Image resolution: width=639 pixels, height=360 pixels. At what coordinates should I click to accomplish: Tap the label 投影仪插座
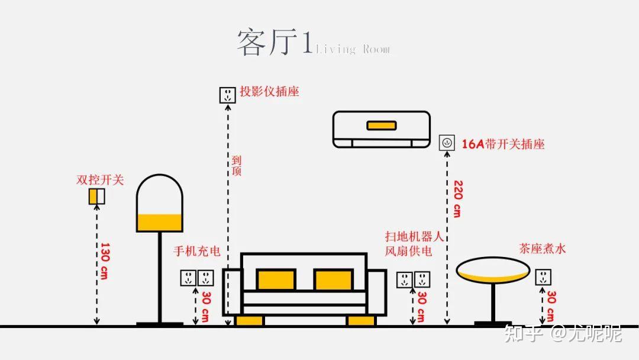pyautogui.click(x=269, y=92)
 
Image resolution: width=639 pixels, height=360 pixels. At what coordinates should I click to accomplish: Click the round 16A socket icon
pyautogui.click(x=447, y=143)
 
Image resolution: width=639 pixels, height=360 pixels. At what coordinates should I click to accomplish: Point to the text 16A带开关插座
pyautogui.click(x=503, y=144)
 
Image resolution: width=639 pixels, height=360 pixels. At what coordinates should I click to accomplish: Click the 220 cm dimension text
pyautogui.click(x=457, y=199)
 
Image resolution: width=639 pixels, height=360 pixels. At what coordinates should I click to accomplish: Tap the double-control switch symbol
pyautogui.click(x=96, y=196)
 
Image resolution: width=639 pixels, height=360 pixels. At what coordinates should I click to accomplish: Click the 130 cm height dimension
pyautogui.click(x=104, y=261)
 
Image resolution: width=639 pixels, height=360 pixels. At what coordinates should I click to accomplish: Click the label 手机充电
pyautogui.click(x=196, y=251)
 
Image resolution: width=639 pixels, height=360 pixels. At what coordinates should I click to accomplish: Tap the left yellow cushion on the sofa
pyautogui.click(x=276, y=279)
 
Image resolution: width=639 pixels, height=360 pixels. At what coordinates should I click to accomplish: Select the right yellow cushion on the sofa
pyautogui.click(x=333, y=279)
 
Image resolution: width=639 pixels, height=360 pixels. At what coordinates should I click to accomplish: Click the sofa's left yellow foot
pyautogui.click(x=249, y=320)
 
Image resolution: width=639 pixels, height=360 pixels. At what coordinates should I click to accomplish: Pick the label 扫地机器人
pyautogui.click(x=414, y=237)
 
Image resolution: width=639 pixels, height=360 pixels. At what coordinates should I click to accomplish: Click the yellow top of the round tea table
pyautogui.click(x=492, y=275)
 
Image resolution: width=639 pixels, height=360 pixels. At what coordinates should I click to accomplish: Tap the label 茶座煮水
pyautogui.click(x=542, y=249)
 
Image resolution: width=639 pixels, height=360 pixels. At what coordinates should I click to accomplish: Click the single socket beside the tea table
pyautogui.click(x=543, y=277)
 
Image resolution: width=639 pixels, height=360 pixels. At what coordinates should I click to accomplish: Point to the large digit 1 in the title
pyautogui.click(x=307, y=43)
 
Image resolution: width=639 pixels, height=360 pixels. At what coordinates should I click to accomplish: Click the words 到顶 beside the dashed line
pyautogui.click(x=237, y=166)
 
